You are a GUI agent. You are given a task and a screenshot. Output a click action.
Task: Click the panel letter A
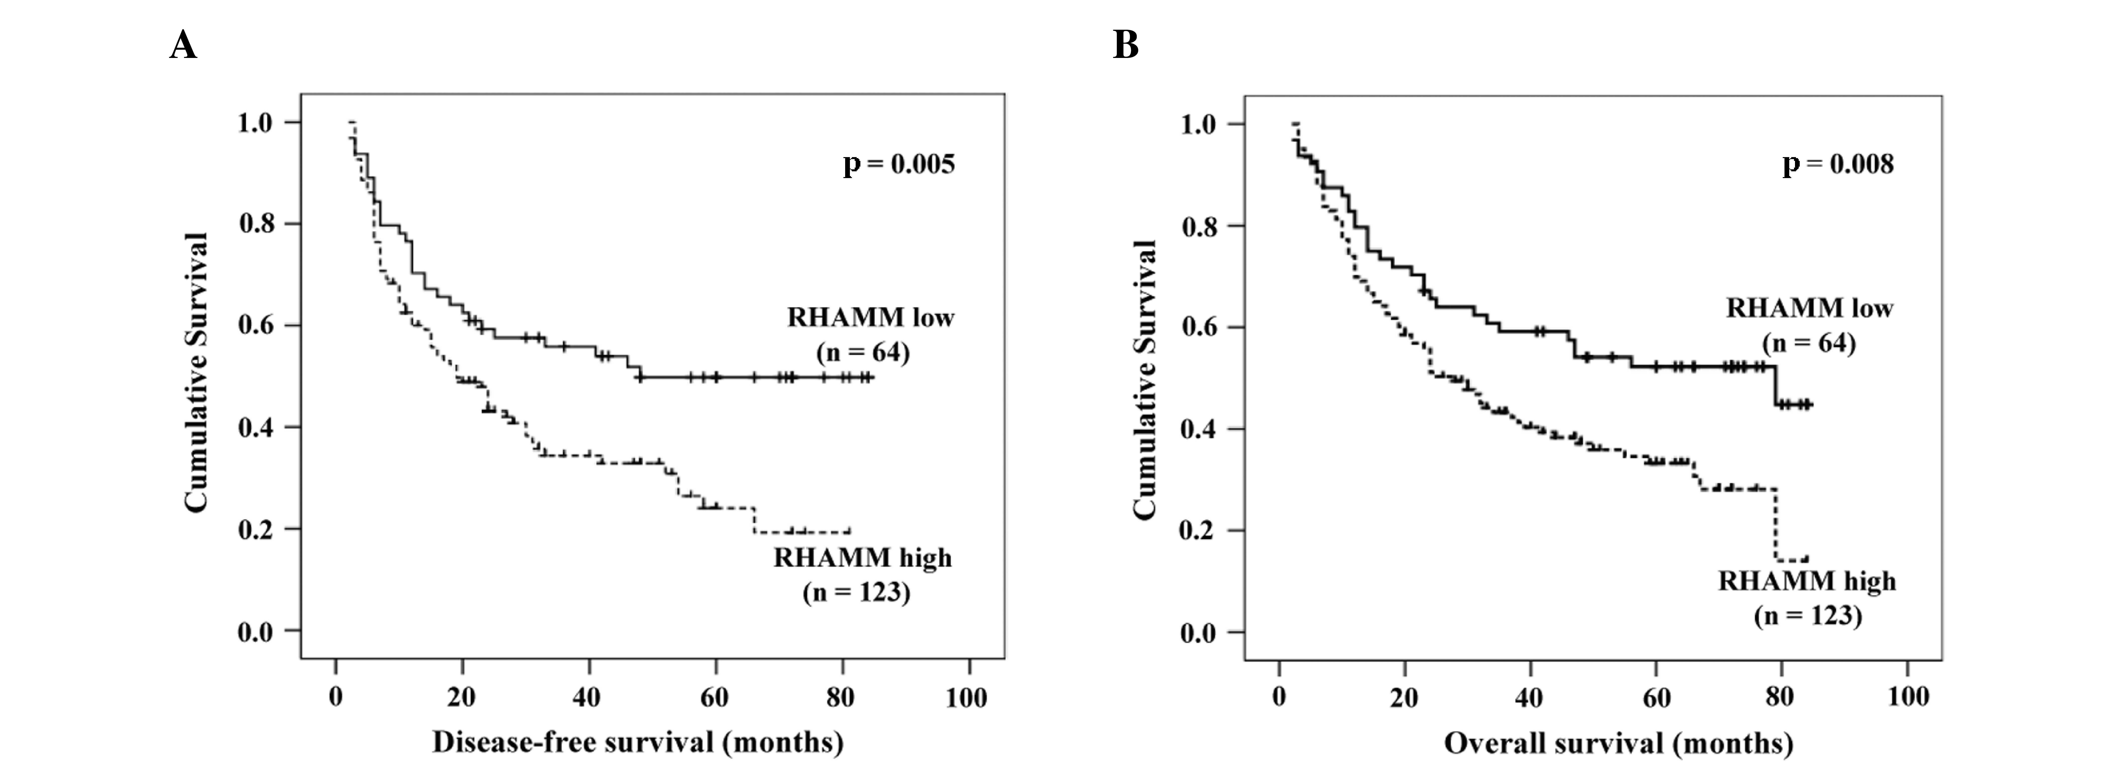pos(183,45)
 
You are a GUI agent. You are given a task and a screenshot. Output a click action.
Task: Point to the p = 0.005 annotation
pos(899,164)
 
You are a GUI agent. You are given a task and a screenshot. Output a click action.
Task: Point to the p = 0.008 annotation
pos(1838,164)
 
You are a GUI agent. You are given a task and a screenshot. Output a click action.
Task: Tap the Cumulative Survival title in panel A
pos(197,373)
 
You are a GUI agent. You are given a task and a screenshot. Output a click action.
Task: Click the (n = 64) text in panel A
pos(862,352)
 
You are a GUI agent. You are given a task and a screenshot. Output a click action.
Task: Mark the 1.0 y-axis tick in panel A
pos(256,123)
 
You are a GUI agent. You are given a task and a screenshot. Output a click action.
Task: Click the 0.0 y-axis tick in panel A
pos(256,632)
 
